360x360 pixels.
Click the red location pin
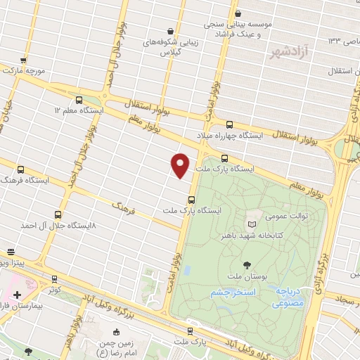click(181, 165)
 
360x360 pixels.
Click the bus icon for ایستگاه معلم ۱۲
click(79, 99)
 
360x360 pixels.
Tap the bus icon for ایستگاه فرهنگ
click(20, 169)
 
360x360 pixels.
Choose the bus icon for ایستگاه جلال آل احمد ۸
click(58, 214)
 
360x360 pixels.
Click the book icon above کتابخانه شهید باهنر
click(252, 223)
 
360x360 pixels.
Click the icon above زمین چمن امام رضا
click(117, 332)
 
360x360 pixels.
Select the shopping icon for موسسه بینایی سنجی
click(238, 13)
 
